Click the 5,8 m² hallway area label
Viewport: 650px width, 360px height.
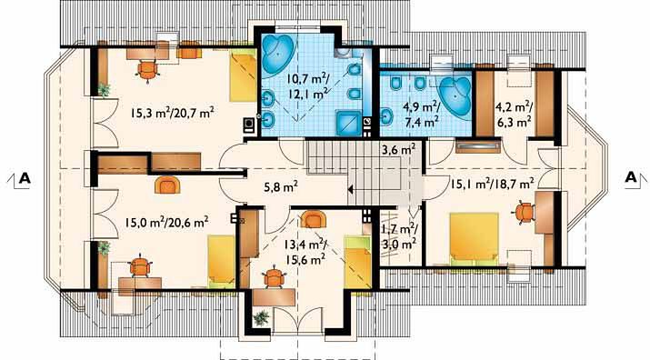pyautogui.click(x=281, y=187)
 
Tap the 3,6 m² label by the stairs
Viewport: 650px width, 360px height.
pyautogui.click(x=398, y=149)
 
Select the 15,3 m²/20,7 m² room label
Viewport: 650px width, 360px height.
pyautogui.click(x=172, y=113)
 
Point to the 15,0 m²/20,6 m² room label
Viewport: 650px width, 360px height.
pyautogui.click(x=166, y=223)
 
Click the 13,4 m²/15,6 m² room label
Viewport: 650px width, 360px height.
pyautogui.click(x=305, y=251)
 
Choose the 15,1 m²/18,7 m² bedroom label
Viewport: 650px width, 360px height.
pyautogui.click(x=492, y=183)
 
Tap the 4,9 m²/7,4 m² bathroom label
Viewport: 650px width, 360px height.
pyautogui.click(x=421, y=115)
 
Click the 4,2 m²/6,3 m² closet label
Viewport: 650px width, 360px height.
pyautogui.click(x=514, y=115)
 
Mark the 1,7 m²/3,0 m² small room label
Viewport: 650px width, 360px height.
pyautogui.click(x=399, y=236)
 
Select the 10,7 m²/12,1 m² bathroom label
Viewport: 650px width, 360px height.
pyautogui.click(x=306, y=85)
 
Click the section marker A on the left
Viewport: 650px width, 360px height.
pyautogui.click(x=25, y=177)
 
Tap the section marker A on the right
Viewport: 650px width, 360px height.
pyautogui.click(x=630, y=177)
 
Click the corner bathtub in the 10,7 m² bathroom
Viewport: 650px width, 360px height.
pyautogui.click(x=278, y=55)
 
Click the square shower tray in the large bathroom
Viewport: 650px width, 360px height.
pyautogui.click(x=348, y=123)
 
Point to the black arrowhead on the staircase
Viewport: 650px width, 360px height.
pyautogui.click(x=351, y=190)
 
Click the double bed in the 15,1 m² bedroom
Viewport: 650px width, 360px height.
pyautogui.click(x=475, y=238)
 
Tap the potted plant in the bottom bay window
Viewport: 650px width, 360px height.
pyautogui.click(x=261, y=317)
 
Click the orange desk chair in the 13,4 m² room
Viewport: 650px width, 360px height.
pyautogui.click(x=275, y=278)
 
